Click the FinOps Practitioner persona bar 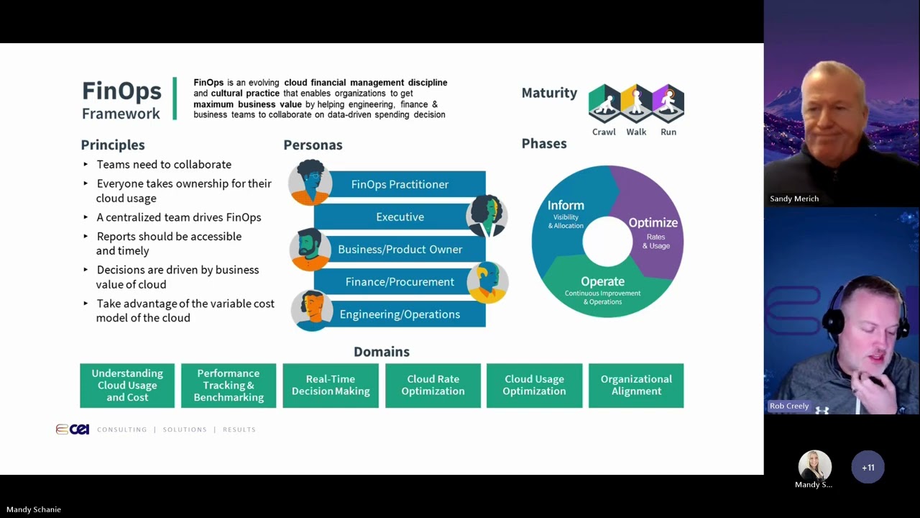click(400, 184)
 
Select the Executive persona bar click(400, 217)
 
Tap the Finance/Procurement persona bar click(400, 282)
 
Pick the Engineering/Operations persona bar click(400, 314)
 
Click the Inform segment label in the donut click(566, 206)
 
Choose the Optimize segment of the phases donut click(653, 223)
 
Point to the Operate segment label click(602, 282)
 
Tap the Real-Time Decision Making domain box click(331, 386)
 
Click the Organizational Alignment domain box click(636, 386)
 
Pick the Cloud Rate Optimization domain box click(433, 386)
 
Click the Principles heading click(113, 145)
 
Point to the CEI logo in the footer click(73, 430)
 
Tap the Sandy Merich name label click(794, 199)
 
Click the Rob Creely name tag click(789, 406)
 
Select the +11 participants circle click(868, 468)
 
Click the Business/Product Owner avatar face click(310, 248)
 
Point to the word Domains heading click(382, 352)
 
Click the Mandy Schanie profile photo click(814, 466)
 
